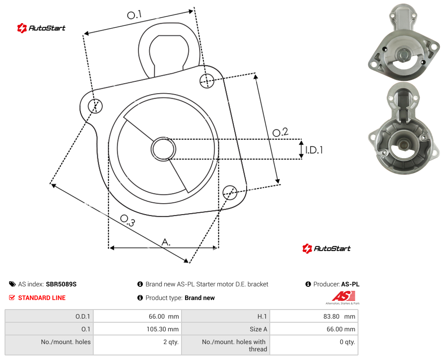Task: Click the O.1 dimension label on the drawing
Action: [x=134, y=15]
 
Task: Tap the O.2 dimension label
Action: [x=280, y=132]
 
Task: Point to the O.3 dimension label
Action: [x=127, y=220]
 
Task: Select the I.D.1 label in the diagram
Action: [x=314, y=150]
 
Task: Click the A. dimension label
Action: [x=166, y=242]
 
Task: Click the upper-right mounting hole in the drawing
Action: [x=207, y=80]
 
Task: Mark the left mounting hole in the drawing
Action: [x=95, y=106]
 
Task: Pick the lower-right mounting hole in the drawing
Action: [x=230, y=193]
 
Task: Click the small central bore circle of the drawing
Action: [x=163, y=149]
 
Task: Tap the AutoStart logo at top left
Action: [x=41, y=28]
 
